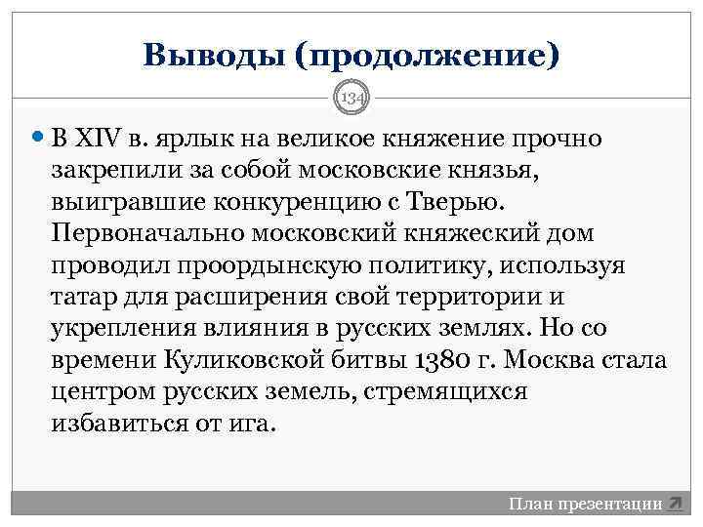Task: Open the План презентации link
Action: click(585, 505)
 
